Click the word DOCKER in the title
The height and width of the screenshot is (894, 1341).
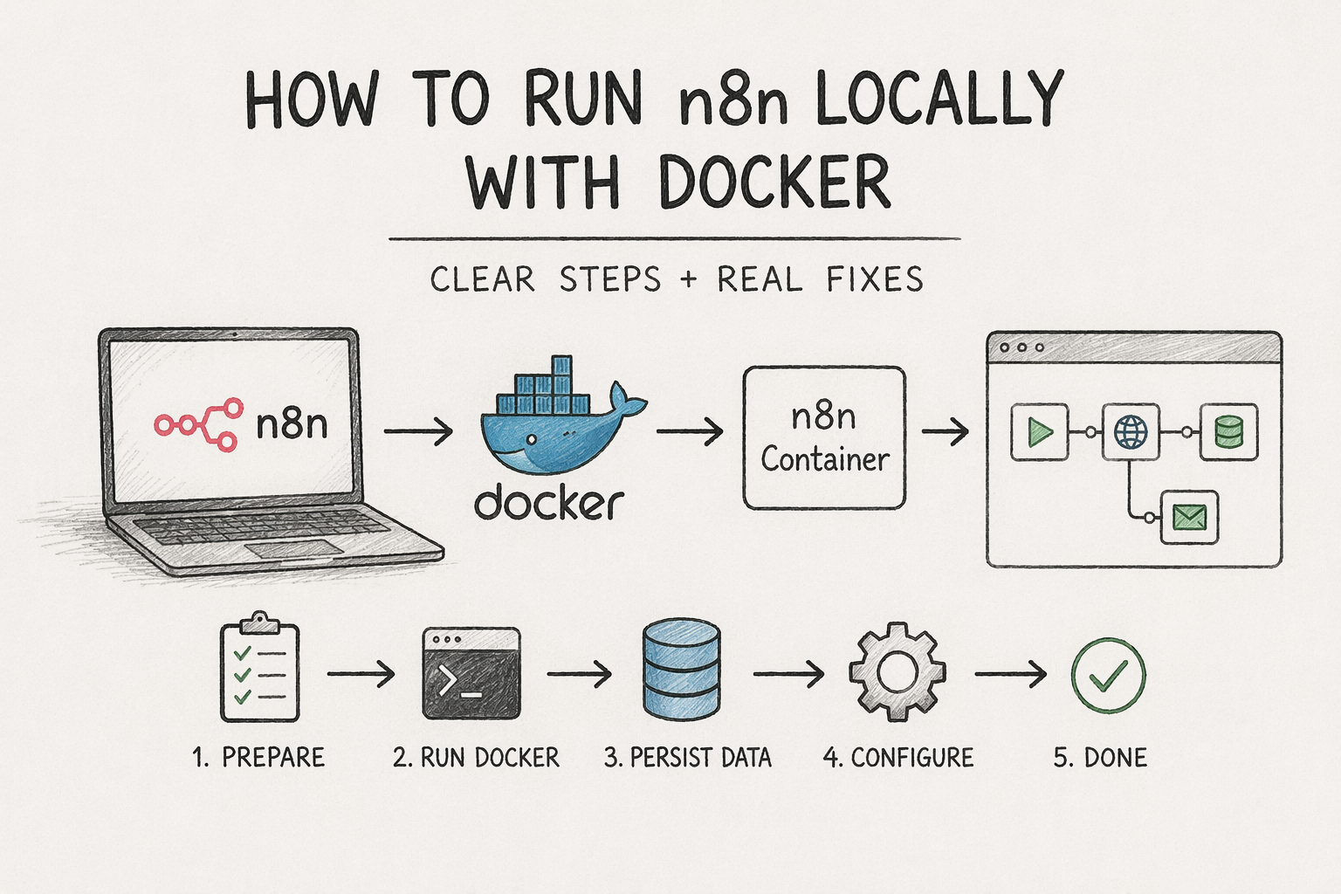click(774, 182)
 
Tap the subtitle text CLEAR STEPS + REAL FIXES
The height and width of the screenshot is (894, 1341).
click(677, 280)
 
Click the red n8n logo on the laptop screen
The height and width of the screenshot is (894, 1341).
click(198, 424)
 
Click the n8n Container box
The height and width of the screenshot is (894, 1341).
click(824, 438)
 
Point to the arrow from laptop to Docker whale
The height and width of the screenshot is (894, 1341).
click(418, 431)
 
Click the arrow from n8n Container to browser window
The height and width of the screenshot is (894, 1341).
click(946, 431)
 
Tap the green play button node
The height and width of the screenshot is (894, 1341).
click(1039, 432)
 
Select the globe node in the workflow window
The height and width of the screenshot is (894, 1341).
click(1131, 432)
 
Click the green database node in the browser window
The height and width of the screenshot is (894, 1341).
click(1228, 432)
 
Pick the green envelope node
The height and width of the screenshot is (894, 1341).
click(1189, 518)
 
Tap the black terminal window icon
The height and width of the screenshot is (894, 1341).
click(471, 673)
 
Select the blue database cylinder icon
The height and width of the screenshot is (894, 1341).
click(681, 670)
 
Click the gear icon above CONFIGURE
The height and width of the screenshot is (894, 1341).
click(897, 671)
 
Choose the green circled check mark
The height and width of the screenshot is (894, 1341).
click(1108, 676)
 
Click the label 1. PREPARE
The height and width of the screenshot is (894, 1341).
click(258, 758)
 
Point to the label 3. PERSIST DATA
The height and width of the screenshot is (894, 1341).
click(688, 758)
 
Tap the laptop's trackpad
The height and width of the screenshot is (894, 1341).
click(292, 549)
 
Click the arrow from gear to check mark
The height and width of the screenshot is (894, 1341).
click(1010, 674)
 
